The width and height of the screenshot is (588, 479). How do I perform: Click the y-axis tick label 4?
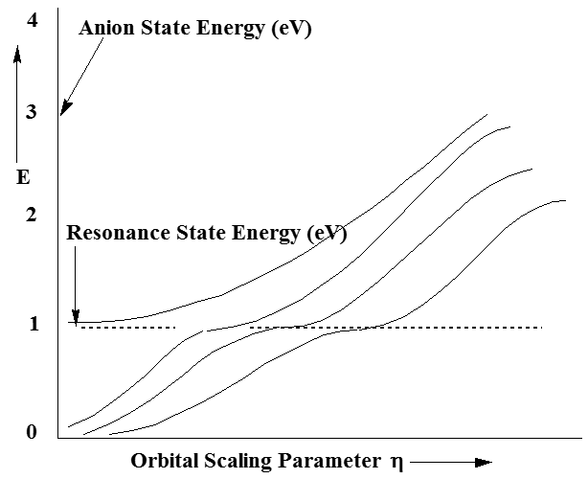tap(33, 17)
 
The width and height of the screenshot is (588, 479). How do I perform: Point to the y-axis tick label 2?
tap(31, 216)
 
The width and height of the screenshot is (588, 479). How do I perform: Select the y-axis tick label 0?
tap(31, 433)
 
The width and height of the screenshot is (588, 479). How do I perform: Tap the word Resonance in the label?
tap(110, 233)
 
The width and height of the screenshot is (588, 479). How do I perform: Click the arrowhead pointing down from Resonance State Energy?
tap(74, 317)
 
